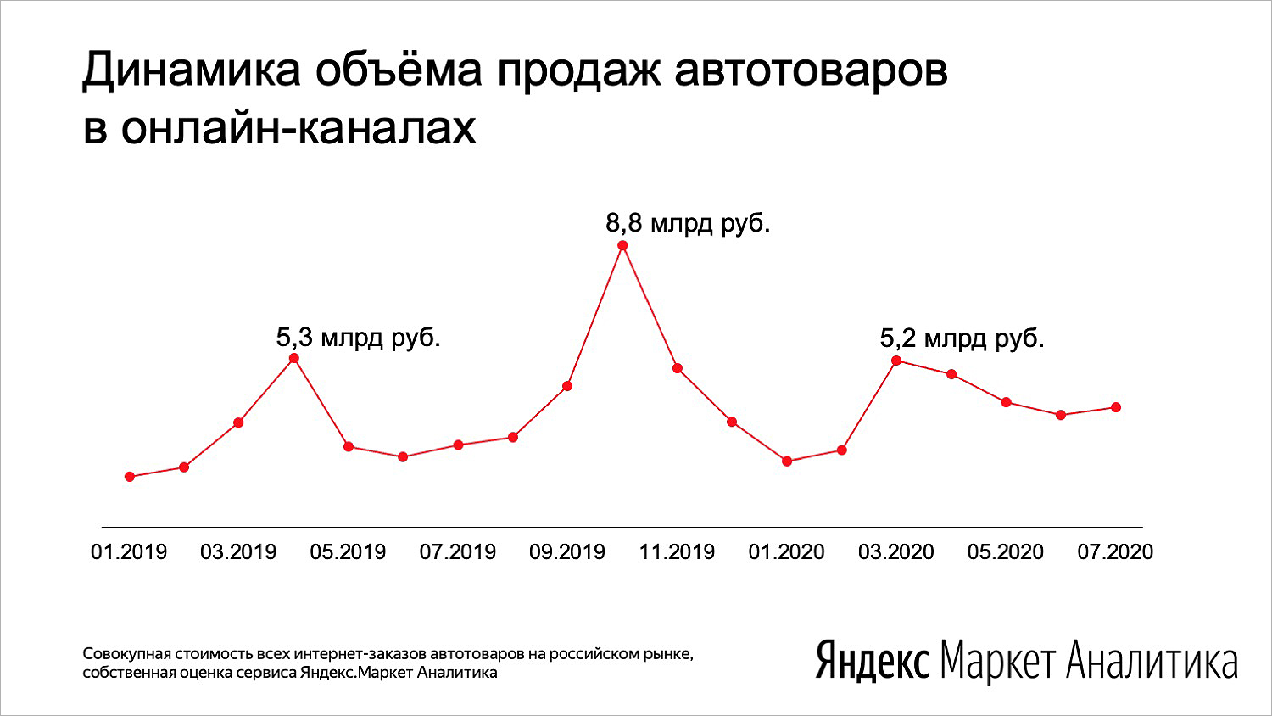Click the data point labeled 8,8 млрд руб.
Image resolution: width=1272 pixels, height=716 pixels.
(622, 245)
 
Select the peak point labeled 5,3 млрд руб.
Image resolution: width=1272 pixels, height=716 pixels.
(294, 358)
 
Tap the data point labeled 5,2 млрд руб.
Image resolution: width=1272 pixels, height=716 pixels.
(896, 361)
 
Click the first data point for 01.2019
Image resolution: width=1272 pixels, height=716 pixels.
(130, 477)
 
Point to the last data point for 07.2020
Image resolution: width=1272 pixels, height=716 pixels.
(1116, 407)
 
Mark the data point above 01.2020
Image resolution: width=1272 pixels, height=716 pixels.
(787, 461)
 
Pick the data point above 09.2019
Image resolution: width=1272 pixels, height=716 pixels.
(566, 386)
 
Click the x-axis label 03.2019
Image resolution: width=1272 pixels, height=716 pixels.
(238, 551)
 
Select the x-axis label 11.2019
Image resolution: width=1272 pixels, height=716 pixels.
(677, 551)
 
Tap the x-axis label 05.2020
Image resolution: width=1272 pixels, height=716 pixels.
(1006, 551)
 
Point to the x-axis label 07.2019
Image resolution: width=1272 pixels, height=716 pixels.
(458, 551)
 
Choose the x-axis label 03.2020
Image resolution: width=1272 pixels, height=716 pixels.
(896, 551)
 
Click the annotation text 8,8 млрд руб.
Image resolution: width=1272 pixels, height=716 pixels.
(689, 224)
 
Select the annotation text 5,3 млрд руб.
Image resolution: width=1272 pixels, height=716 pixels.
(359, 338)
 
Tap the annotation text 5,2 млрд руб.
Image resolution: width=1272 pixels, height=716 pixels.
(962, 338)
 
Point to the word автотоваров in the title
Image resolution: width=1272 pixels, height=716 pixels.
(811, 72)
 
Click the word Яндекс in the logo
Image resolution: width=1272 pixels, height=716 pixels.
(873, 660)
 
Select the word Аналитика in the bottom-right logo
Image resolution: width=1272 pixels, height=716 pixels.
(1152, 661)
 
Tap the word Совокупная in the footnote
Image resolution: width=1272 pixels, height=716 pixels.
(126, 654)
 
